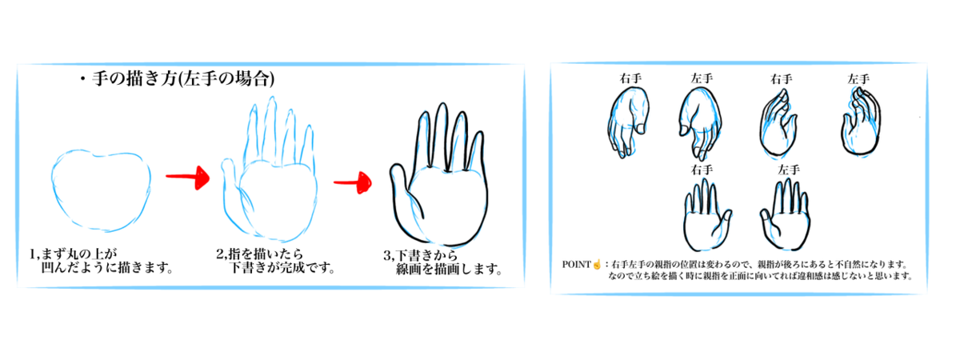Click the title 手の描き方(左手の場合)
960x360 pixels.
coord(183,79)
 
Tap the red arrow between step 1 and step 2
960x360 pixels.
coord(188,178)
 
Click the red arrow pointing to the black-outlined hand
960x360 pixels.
coord(353,183)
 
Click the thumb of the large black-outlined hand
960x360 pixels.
coord(401,189)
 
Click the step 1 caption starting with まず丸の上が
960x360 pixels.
coord(102,261)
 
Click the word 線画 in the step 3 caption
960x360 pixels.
coord(409,270)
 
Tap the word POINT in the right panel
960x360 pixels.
coord(577,265)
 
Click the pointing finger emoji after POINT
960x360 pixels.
coord(597,265)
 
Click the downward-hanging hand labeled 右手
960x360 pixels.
coord(628,122)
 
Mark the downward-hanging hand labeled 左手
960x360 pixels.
coord(700,123)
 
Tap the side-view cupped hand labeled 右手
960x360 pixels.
coord(778,123)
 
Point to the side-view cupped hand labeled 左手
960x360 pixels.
coord(861,122)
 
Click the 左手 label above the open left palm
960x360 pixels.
coord(789,170)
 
